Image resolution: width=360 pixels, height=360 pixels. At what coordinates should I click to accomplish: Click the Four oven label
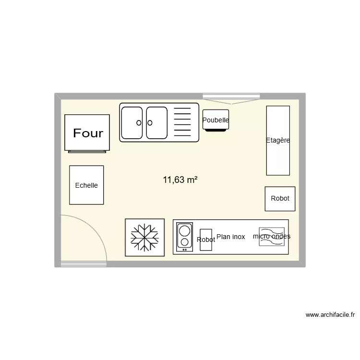[x=88, y=133]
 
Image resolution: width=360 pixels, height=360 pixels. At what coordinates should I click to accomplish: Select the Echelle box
[x=86, y=185]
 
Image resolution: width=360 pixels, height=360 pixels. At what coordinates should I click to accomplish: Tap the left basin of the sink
[x=132, y=122]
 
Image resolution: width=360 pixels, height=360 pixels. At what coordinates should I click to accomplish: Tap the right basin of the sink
[x=156, y=122]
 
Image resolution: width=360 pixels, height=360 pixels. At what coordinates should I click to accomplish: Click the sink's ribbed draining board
[x=182, y=122]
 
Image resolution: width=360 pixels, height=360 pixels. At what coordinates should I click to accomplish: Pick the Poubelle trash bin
[x=216, y=120]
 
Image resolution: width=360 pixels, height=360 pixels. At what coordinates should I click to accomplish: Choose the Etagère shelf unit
[x=278, y=140]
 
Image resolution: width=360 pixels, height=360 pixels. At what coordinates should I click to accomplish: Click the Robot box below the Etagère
[x=280, y=198]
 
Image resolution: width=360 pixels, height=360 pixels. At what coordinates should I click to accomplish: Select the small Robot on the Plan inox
[x=206, y=239]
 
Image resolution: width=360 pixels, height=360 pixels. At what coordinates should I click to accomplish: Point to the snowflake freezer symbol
[x=145, y=237]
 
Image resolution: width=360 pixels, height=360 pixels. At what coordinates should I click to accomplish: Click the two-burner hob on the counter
[x=185, y=237]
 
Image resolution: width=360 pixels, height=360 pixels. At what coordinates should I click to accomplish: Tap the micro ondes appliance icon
[x=271, y=237]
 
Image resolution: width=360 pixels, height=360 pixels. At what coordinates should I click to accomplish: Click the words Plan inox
[x=231, y=237]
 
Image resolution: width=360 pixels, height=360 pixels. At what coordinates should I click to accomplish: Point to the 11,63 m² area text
[x=180, y=180]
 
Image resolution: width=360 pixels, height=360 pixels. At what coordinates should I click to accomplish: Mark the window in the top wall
[x=231, y=96]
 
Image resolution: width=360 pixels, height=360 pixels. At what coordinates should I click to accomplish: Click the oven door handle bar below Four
[x=87, y=151]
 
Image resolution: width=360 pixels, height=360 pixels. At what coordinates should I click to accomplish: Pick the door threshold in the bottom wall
[x=84, y=264]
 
